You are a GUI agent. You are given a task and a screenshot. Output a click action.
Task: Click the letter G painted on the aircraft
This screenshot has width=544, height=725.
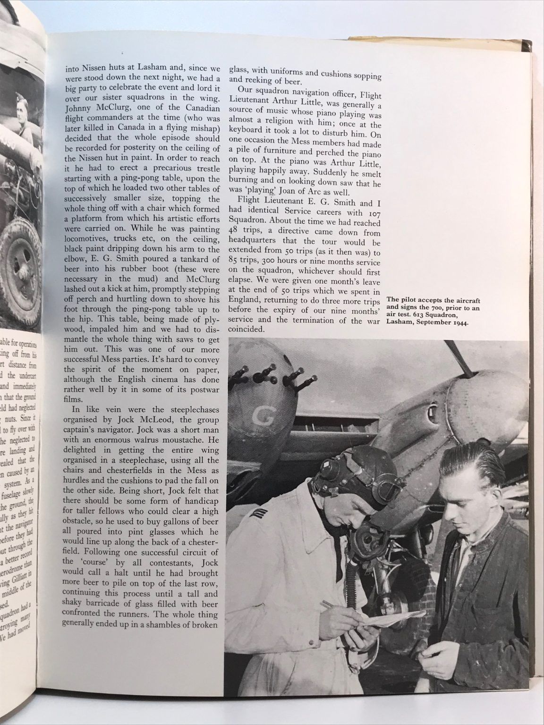pyautogui.click(x=259, y=416)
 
